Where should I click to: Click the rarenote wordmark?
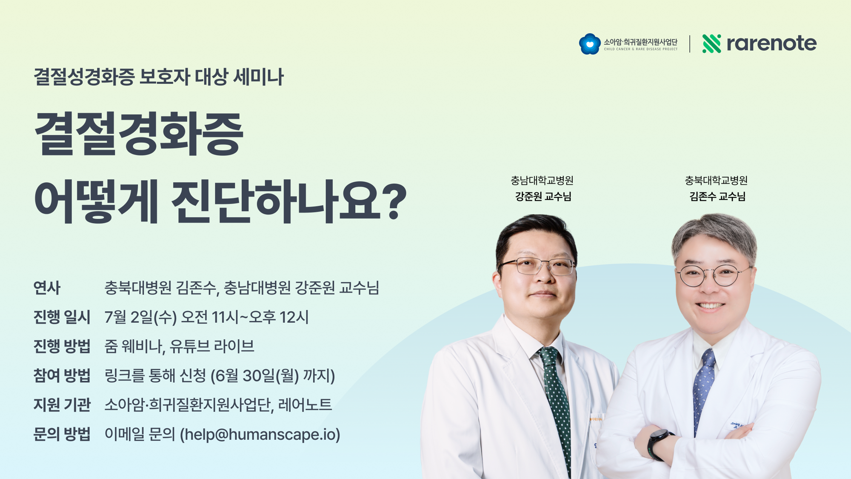pyautogui.click(x=771, y=43)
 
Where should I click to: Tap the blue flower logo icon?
pyautogui.click(x=590, y=44)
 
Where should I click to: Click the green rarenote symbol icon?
pyautogui.click(x=711, y=43)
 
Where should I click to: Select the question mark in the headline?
pyautogui.click(x=394, y=202)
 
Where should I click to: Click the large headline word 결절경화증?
pyautogui.click(x=139, y=133)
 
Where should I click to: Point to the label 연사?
pyautogui.click(x=47, y=288)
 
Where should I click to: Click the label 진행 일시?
pyautogui.click(x=62, y=317)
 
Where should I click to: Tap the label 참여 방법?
pyautogui.click(x=62, y=376)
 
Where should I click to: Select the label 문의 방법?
pyautogui.click(x=62, y=434)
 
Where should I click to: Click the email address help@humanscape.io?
pyautogui.click(x=260, y=434)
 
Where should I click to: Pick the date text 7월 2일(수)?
pyautogui.click(x=140, y=317)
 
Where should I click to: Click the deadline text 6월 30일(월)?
pyautogui.click(x=257, y=376)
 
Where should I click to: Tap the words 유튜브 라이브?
pyautogui.click(x=212, y=346)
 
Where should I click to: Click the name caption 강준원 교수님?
pyautogui.click(x=543, y=197)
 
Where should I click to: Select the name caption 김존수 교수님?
pyautogui.click(x=717, y=197)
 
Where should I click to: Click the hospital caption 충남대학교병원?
pyautogui.click(x=542, y=181)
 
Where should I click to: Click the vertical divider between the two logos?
pyautogui.click(x=690, y=44)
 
